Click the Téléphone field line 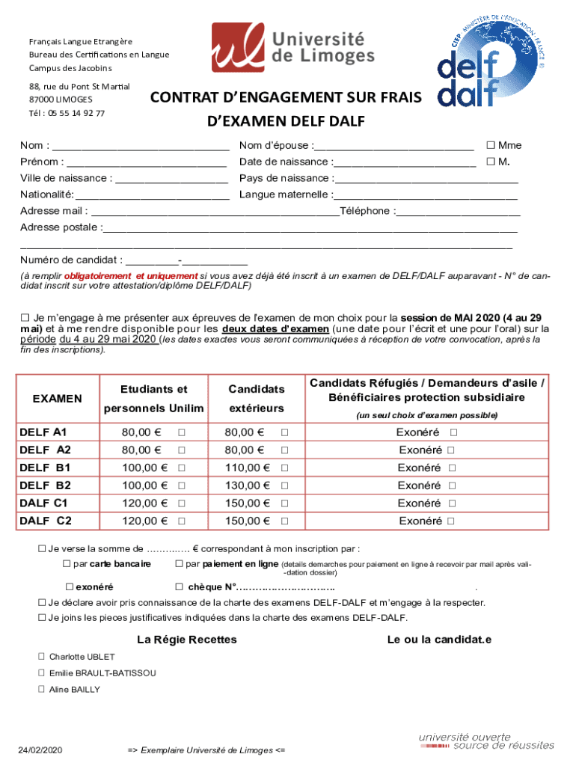458,212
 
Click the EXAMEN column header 58,399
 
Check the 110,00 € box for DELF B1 284,468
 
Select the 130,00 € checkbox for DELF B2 284,485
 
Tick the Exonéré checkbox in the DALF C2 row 450,521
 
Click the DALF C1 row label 43,503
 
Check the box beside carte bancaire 67,563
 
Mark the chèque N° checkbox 180,587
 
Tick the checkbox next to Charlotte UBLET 42,657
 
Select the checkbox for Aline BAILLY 42,690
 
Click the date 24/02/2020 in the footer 40,750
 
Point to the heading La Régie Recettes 187,640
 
